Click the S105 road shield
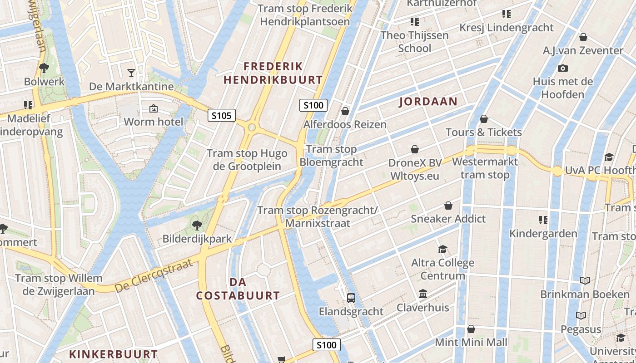coord(222,115)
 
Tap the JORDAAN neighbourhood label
coord(428,101)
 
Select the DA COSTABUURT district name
coord(238,289)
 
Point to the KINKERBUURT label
coord(113,354)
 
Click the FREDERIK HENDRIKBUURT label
coord(273,73)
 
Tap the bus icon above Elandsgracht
coord(351,298)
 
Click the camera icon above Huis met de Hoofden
coord(563,69)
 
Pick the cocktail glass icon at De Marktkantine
coord(131,73)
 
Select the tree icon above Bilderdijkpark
coord(197,225)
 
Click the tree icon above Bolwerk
coord(44,68)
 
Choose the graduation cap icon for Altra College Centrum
coord(442,249)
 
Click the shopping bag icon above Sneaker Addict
coord(448,206)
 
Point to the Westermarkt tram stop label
coord(485,168)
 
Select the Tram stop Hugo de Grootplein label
coord(247,160)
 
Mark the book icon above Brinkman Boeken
coord(585,280)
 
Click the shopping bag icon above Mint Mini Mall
coord(471,329)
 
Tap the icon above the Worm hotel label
coord(154,108)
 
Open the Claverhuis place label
coord(423,308)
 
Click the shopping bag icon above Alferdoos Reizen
coord(345,111)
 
